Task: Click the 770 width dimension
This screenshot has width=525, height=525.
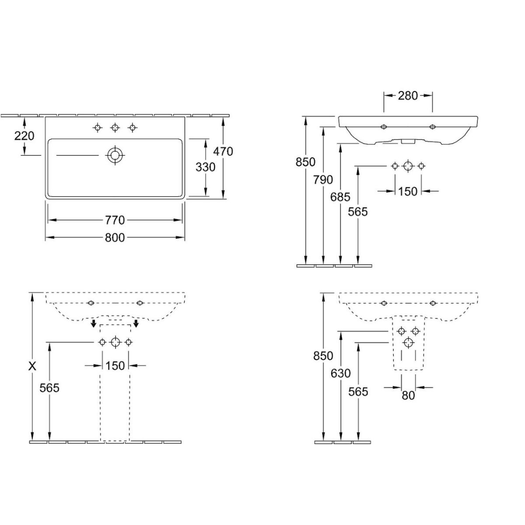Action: (115, 220)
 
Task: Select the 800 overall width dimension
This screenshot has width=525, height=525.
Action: (115, 238)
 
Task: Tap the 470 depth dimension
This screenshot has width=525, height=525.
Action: (223, 151)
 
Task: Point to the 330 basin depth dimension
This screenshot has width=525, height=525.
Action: (206, 167)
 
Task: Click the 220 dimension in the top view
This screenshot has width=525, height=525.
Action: (24, 136)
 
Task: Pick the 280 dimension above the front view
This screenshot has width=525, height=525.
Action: (408, 96)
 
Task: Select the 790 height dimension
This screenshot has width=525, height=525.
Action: (323, 180)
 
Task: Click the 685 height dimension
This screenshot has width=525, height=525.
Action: (340, 197)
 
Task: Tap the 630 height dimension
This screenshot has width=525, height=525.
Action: (340, 373)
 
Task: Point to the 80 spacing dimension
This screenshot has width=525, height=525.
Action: (408, 395)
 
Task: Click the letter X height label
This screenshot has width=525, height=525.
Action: (32, 367)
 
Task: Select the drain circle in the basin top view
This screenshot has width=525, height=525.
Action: (115, 155)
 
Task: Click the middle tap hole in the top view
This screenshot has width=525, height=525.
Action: (115, 127)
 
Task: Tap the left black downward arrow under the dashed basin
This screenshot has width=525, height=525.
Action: (94, 323)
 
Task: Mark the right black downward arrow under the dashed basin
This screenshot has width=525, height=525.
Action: (136, 323)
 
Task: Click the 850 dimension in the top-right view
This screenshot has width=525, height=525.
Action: (305, 162)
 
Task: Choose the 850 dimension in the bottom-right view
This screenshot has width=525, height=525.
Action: (323, 356)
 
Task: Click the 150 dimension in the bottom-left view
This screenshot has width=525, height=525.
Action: (115, 366)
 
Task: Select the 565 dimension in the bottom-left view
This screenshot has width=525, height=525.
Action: (49, 388)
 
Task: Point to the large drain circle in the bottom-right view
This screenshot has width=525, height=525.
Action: (408, 343)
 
